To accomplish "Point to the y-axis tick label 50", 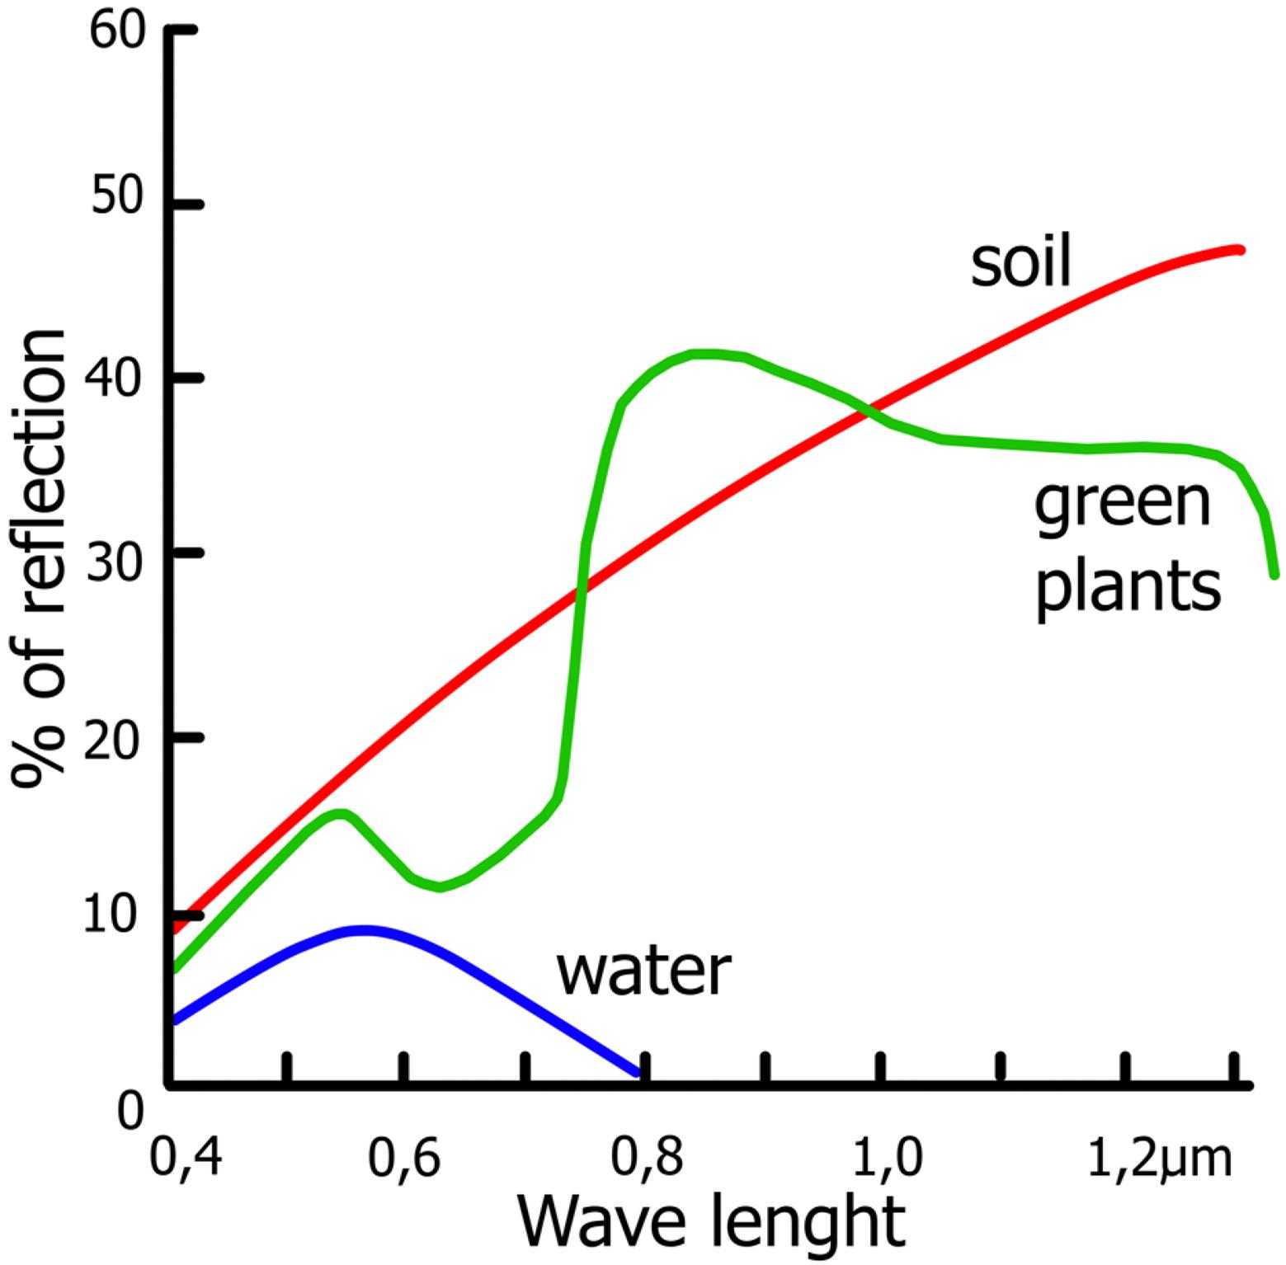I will coord(116,199).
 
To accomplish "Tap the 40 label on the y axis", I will coord(116,378).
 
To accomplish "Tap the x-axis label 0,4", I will coord(186,1157).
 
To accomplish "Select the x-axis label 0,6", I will coord(404,1157).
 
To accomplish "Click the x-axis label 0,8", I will coord(647,1157).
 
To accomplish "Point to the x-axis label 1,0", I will coord(887,1157).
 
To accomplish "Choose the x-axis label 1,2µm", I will coord(1159,1159).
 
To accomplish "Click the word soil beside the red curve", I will coord(1020,261).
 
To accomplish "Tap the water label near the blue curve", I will coord(644,971).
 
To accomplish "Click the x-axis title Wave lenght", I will coord(711,1221).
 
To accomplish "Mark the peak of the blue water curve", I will coord(363,930).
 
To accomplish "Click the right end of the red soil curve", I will coord(1238,249).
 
